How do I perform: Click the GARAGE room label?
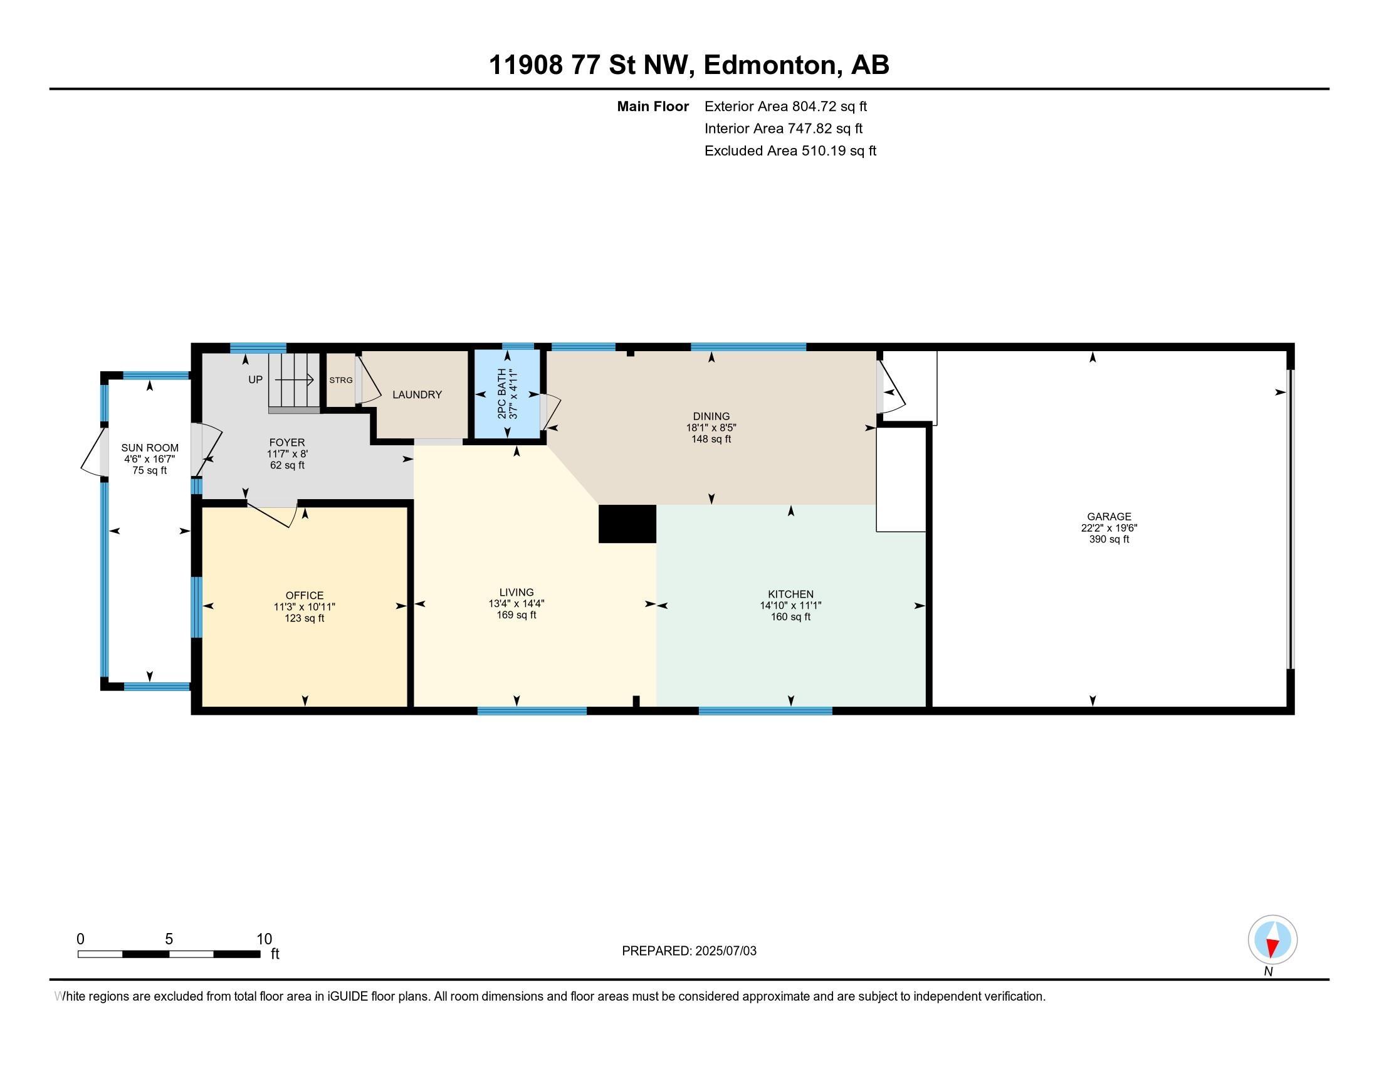1109,516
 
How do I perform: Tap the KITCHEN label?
790,594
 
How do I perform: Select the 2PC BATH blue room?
508,393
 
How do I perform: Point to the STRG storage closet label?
341,380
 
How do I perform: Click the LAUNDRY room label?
417,394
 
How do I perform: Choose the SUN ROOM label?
150,448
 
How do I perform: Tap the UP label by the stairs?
255,379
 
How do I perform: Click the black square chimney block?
627,524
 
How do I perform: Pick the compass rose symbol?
1272,939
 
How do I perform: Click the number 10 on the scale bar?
264,939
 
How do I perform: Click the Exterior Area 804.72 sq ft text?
785,106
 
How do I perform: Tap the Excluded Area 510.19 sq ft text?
790,150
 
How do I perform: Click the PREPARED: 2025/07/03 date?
689,951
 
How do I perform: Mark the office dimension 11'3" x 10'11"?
305,607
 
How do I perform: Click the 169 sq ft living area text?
516,615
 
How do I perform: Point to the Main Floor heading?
653,106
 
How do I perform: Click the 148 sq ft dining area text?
711,439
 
